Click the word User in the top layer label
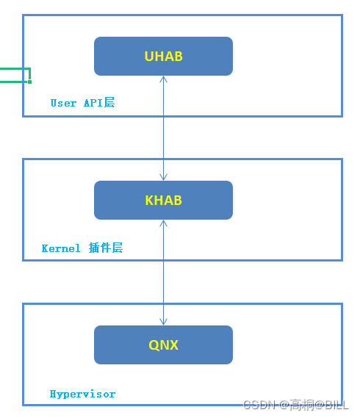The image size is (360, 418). (63, 104)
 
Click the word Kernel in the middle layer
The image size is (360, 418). (61, 249)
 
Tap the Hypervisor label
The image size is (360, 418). (82, 394)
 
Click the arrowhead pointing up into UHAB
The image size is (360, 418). (163, 79)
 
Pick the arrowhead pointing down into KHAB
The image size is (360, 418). (163, 177)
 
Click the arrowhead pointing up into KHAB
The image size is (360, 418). (163, 223)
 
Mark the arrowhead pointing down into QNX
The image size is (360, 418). (163, 322)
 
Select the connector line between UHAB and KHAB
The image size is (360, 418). (163, 129)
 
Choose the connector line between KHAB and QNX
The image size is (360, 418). (163, 273)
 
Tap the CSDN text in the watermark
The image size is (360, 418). (258, 405)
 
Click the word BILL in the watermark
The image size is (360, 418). (336, 405)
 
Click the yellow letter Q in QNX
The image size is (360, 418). (154, 345)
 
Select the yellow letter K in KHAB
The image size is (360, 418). (149, 201)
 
